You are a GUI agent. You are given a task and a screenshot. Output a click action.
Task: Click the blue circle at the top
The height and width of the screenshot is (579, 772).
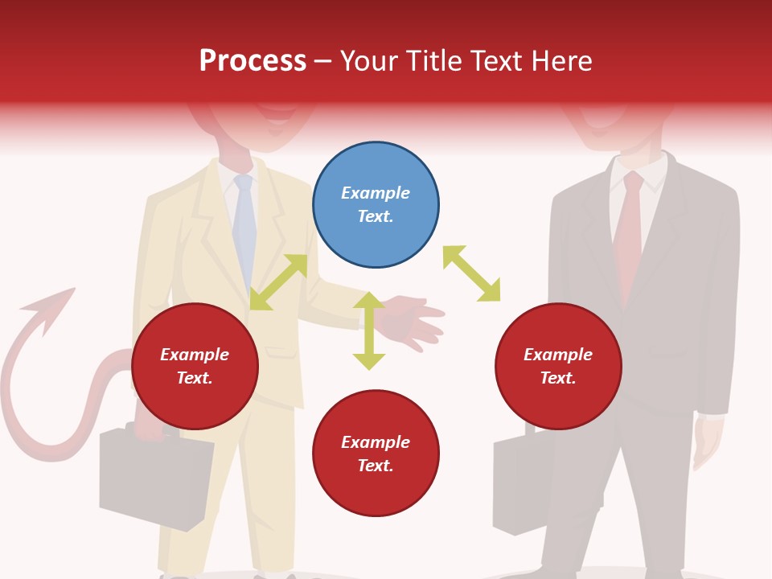tap(376, 205)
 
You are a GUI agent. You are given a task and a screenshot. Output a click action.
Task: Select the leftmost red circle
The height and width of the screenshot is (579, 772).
tap(195, 367)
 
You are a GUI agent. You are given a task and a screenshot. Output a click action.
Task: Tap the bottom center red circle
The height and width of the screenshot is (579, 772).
tap(376, 454)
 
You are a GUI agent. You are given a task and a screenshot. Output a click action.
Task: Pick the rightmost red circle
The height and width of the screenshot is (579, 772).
tap(558, 367)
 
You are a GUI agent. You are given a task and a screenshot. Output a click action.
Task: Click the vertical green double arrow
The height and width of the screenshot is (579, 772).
tap(369, 331)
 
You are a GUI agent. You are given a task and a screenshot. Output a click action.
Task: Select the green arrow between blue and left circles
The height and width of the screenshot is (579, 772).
tap(278, 281)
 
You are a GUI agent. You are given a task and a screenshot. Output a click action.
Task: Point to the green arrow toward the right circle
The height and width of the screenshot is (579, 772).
tap(472, 273)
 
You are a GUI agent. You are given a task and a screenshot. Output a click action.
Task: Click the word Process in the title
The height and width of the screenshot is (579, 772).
tap(253, 60)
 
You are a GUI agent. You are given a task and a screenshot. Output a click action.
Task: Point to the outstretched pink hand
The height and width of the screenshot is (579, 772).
tap(414, 320)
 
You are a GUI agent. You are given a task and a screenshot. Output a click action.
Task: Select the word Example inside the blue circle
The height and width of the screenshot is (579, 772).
tap(376, 193)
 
